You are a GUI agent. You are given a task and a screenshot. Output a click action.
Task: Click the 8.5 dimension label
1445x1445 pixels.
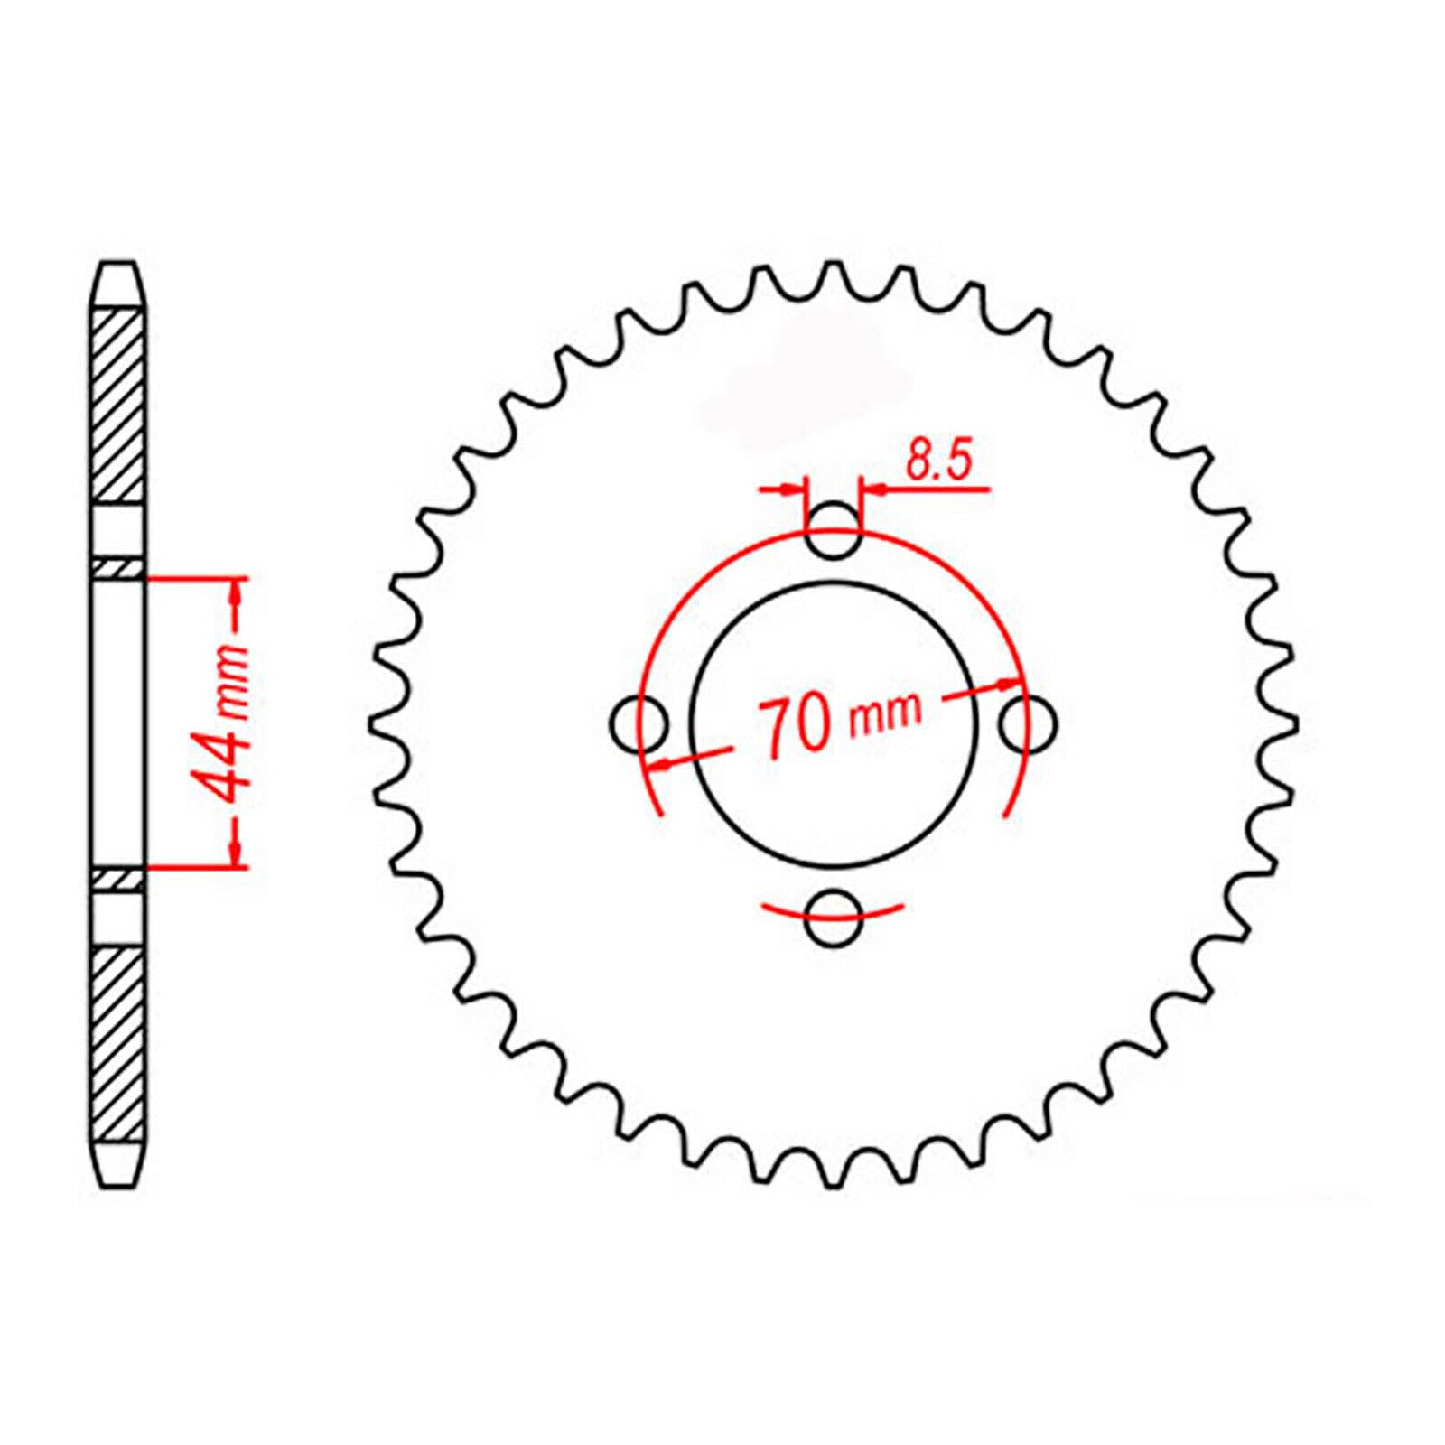point(938,461)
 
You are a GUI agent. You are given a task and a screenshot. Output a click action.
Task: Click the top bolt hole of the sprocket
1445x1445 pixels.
point(832,531)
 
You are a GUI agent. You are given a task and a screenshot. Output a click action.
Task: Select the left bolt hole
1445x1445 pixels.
point(639,722)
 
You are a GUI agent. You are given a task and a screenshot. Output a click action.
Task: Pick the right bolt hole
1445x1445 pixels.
point(1029,722)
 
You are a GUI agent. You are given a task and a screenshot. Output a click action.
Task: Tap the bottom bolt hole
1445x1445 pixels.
point(832,919)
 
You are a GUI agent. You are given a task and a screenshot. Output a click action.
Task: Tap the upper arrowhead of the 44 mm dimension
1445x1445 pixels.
point(237,591)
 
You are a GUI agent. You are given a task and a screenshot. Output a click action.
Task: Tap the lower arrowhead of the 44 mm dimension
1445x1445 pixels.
point(237,853)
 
